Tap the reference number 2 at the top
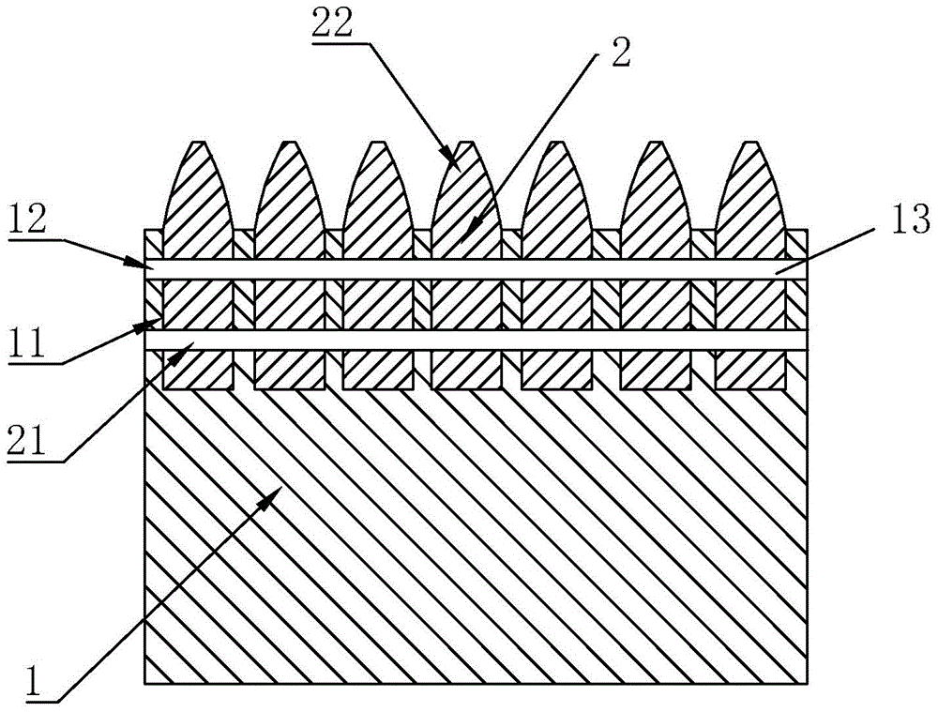tap(620, 54)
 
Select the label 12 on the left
tap(28, 220)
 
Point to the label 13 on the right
tap(912, 219)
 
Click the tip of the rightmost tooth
tap(750, 142)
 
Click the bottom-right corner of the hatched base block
tap(809, 684)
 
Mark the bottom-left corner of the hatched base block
tap(145, 684)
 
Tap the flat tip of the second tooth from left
tap(289, 142)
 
